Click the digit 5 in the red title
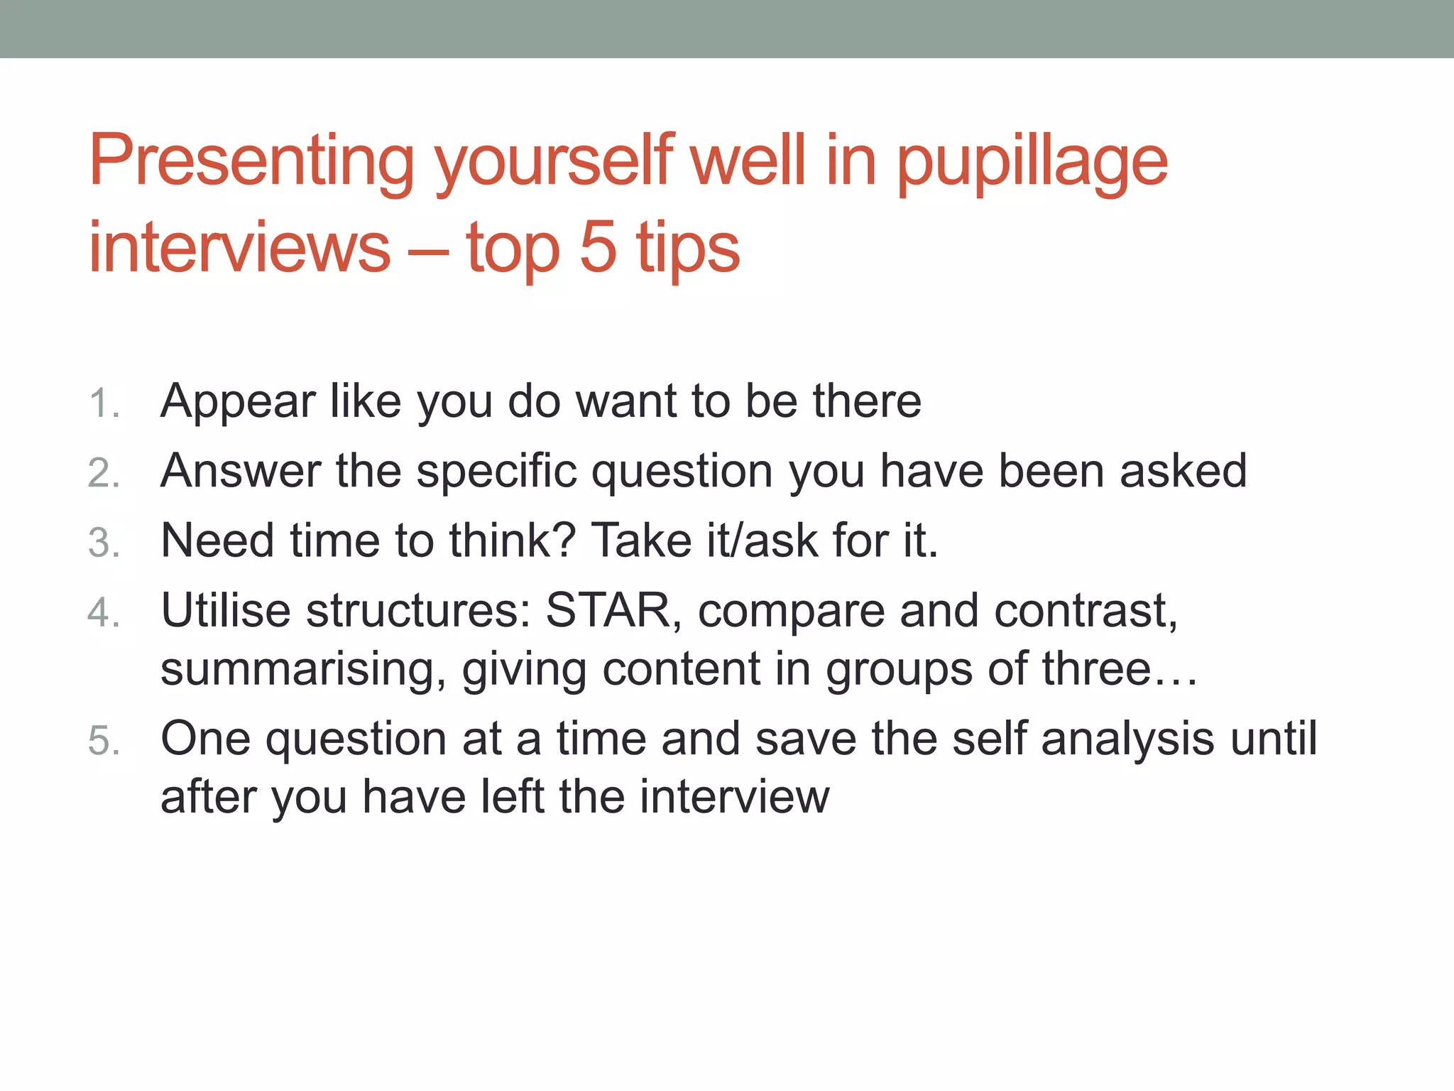tap(598, 247)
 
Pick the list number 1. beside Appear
tap(104, 404)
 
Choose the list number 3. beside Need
tap(104, 543)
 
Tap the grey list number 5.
tap(104, 741)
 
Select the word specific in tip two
tap(496, 472)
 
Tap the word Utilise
tap(226, 611)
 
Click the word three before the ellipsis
tap(1096, 669)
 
